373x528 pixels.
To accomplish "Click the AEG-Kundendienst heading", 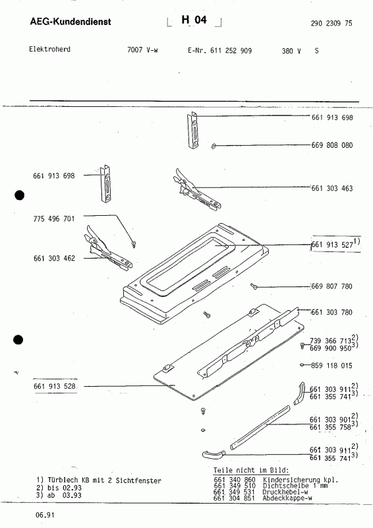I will [71, 22].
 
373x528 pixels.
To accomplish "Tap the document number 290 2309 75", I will [331, 23].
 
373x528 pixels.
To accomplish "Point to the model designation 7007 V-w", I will [142, 50].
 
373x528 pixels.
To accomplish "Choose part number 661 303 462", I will [53, 258].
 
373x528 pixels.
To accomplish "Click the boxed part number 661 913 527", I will [333, 244].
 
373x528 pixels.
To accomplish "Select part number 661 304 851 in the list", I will [235, 499].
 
